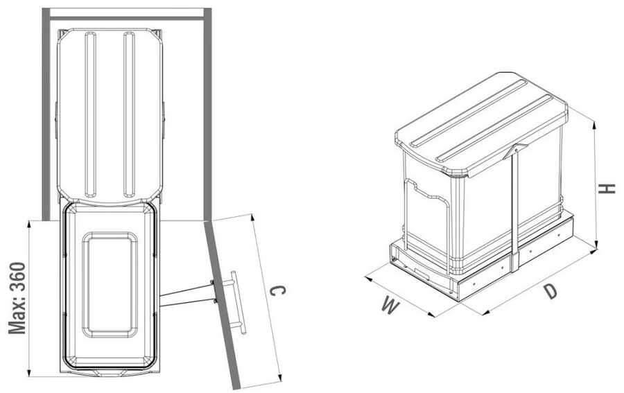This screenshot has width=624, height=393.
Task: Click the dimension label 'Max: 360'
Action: [x=17, y=297]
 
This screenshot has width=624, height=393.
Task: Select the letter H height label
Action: [x=607, y=189]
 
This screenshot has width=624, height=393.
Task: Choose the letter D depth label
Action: [x=551, y=291]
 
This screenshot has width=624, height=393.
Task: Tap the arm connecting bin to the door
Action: [x=187, y=295]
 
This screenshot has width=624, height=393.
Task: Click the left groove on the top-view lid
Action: [x=90, y=114]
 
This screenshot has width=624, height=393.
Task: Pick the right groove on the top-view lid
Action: [x=129, y=114]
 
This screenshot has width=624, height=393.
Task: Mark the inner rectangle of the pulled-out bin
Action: [x=110, y=285]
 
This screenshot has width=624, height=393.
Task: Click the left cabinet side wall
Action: [x=46, y=114]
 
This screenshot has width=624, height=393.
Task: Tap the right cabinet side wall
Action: [x=207, y=114]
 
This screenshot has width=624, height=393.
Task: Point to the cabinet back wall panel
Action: [x=127, y=18]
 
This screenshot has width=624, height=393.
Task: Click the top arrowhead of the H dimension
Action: [x=595, y=125]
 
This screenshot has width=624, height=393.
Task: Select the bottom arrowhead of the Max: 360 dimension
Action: [x=29, y=372]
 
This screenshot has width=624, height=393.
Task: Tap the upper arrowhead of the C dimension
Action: [x=252, y=219]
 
